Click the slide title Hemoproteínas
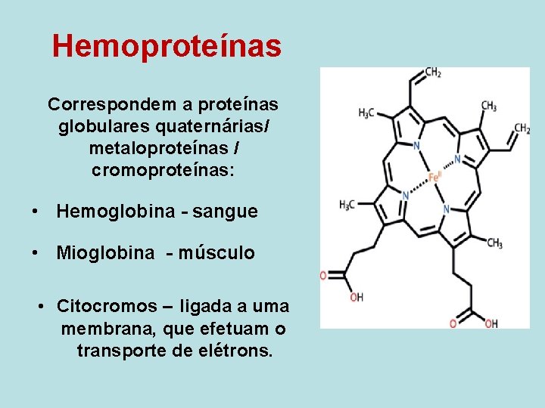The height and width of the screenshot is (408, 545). click(x=167, y=46)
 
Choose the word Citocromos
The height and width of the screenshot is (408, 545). click(x=104, y=307)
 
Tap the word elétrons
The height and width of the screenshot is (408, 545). click(x=237, y=351)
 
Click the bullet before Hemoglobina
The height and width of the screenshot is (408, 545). click(x=36, y=212)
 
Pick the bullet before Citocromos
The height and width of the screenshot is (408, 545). click(x=42, y=308)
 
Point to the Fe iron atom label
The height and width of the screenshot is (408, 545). click(x=434, y=178)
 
